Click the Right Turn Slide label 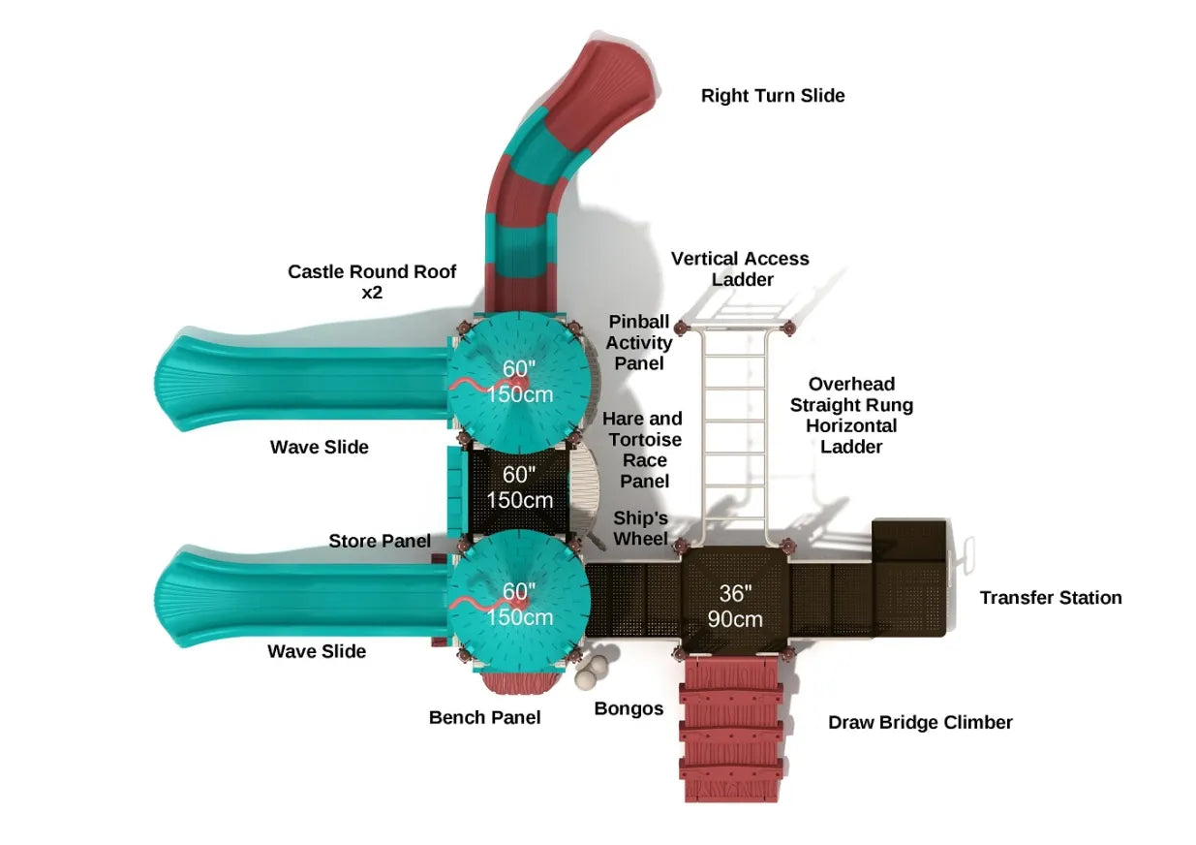(773, 95)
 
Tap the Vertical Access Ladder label (740, 269)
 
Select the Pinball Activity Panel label (639, 342)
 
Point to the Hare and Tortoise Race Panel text (642, 450)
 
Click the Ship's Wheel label (640, 527)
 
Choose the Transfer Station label (1051, 598)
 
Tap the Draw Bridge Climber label (920, 722)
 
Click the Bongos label (629, 708)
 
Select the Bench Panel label (484, 717)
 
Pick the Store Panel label (380, 541)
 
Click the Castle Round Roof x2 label (372, 281)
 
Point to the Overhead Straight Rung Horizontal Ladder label (851, 415)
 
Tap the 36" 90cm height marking (735, 607)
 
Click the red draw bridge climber (731, 727)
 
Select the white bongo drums (594, 672)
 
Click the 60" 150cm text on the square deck (520, 487)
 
